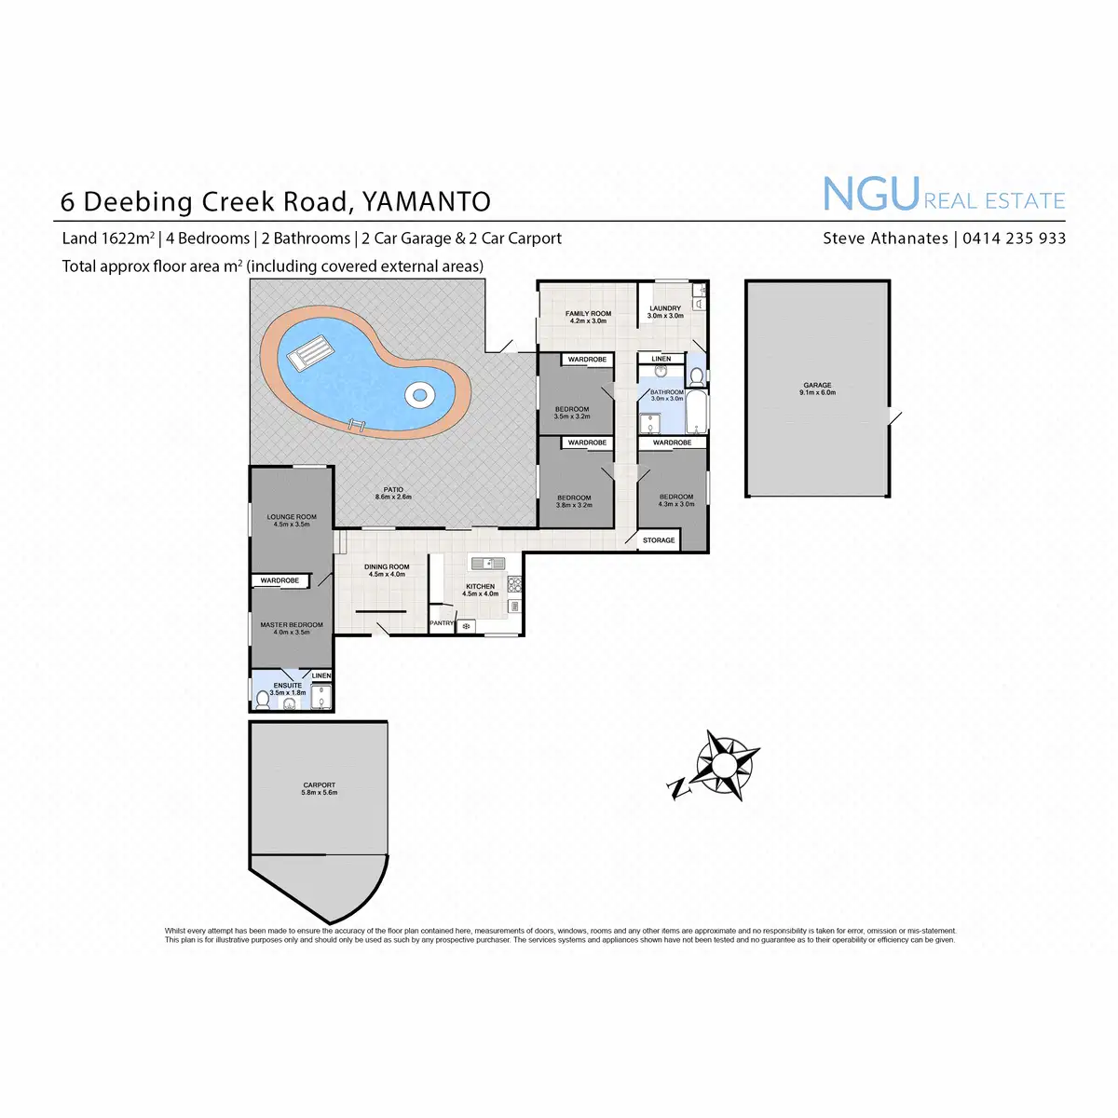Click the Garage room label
click(817, 386)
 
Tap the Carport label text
click(319, 785)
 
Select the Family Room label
click(588, 314)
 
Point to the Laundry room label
click(665, 308)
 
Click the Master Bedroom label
click(292, 625)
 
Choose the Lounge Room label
click(292, 517)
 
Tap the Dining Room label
click(387, 567)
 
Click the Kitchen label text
click(480, 587)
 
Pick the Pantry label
click(442, 623)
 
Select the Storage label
click(659, 540)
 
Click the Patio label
click(393, 490)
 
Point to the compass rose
click(724, 765)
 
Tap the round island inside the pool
click(419, 395)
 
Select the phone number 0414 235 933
click(1014, 239)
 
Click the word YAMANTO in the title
click(426, 201)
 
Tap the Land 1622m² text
click(108, 239)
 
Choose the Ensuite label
click(288, 686)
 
